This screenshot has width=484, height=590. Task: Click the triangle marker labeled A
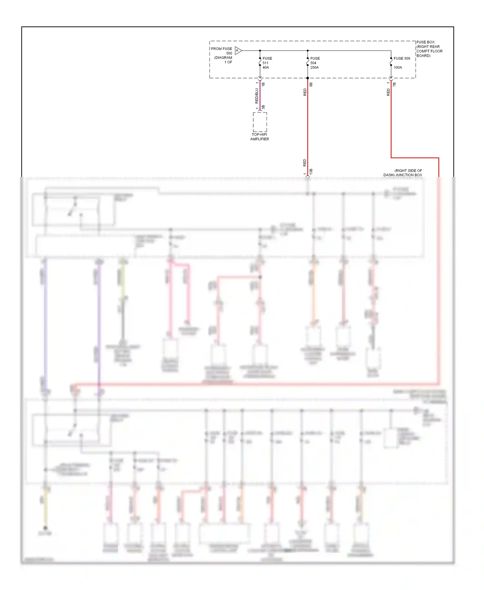[238, 50]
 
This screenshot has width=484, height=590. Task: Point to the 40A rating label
[266, 67]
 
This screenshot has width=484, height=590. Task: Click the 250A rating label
[314, 67]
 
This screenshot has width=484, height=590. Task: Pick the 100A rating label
[398, 67]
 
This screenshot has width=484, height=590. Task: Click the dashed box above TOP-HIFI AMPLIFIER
[260, 122]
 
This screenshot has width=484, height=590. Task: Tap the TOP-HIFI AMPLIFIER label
[259, 137]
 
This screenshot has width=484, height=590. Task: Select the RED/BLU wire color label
[257, 96]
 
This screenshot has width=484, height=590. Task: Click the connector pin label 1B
[263, 84]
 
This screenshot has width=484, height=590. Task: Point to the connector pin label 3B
[263, 107]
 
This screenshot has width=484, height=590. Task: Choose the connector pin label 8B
[311, 85]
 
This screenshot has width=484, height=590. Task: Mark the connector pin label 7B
[394, 84]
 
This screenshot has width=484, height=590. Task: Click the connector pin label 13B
[311, 171]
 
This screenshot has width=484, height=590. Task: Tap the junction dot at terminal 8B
[308, 78]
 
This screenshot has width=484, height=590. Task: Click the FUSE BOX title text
[425, 42]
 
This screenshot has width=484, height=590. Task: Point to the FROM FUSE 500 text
[221, 51]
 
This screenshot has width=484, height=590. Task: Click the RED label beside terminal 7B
[388, 92]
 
